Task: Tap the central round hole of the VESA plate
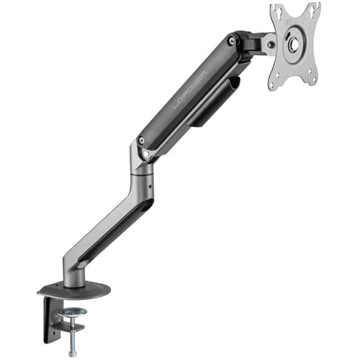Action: (x=295, y=45)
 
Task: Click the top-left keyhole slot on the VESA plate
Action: (x=277, y=10)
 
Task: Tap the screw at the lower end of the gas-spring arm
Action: (x=141, y=140)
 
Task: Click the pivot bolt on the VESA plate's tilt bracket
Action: (x=271, y=44)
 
